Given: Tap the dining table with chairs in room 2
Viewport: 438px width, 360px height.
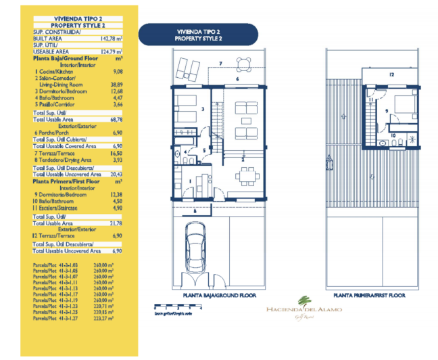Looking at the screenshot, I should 246,176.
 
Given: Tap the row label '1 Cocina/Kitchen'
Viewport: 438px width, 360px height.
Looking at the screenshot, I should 55,70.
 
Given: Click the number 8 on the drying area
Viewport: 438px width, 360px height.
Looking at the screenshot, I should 194,210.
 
